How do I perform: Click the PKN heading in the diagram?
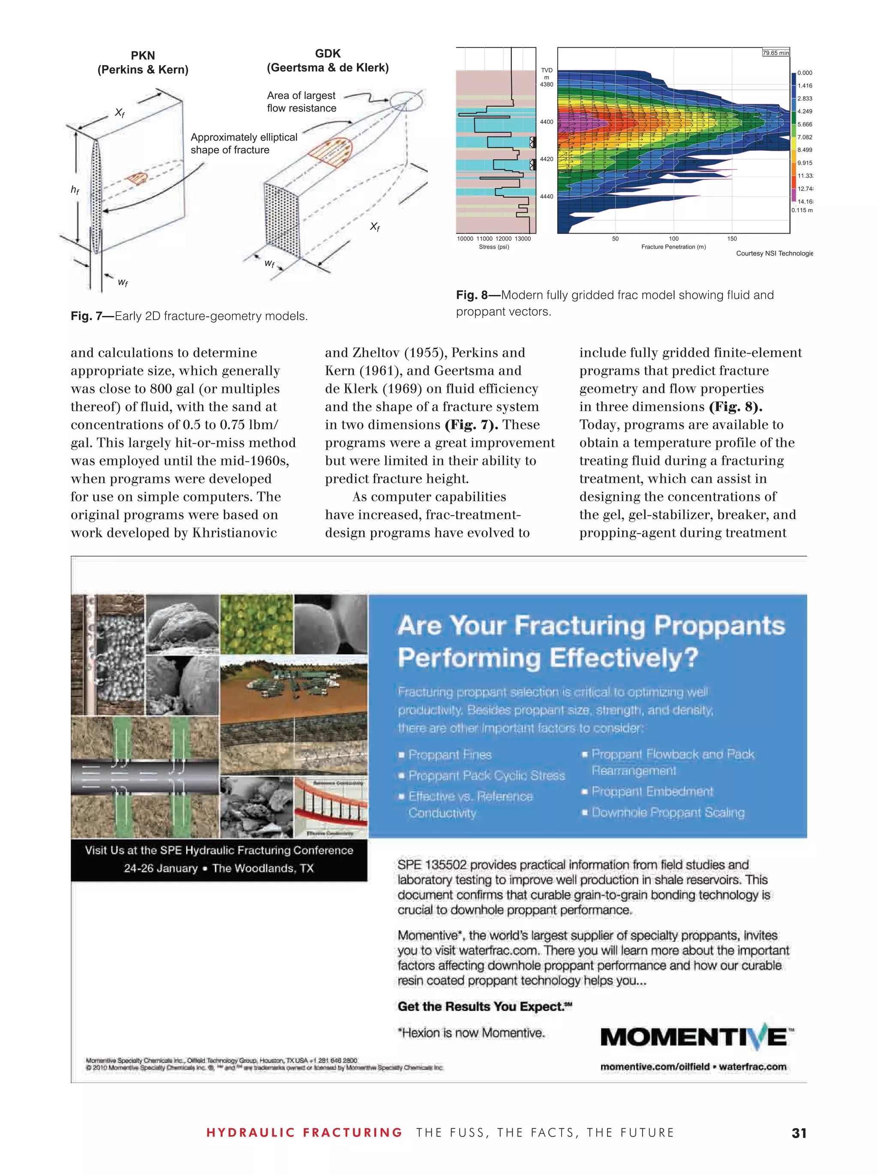click(x=142, y=55)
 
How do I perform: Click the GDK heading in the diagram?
click(x=327, y=53)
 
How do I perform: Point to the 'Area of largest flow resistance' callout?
click(x=301, y=102)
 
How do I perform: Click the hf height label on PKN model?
click(x=75, y=189)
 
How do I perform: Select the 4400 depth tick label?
click(x=546, y=122)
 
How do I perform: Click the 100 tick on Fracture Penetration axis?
click(x=673, y=238)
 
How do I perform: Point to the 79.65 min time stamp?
click(x=776, y=53)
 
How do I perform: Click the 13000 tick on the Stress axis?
click(x=523, y=238)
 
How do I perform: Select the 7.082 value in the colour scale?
click(x=804, y=137)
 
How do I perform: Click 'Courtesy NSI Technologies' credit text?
click(x=774, y=253)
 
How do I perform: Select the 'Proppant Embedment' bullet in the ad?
click(x=652, y=791)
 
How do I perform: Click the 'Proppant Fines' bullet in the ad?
click(x=449, y=755)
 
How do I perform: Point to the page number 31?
click(x=798, y=1133)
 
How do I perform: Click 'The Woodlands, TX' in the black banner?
click(x=263, y=868)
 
